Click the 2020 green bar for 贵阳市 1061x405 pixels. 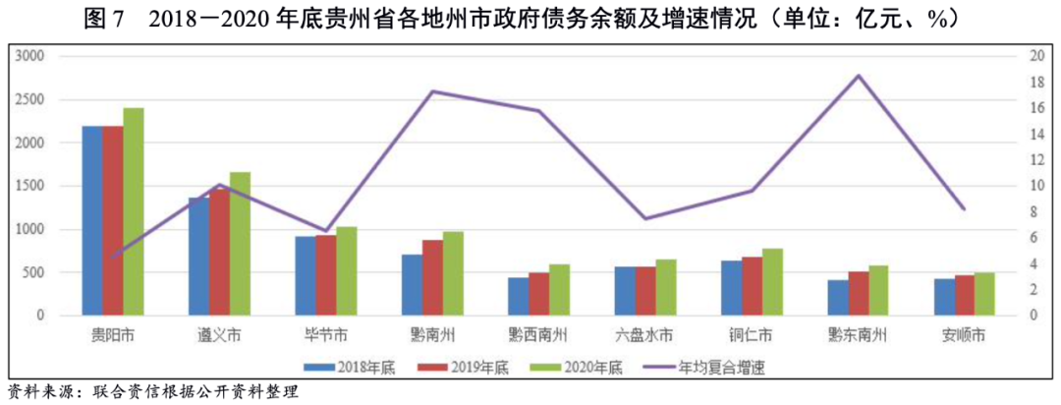(x=134, y=211)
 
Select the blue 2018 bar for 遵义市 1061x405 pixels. (x=198, y=257)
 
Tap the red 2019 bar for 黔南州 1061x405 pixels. (x=432, y=277)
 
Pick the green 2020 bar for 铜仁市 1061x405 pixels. (x=772, y=282)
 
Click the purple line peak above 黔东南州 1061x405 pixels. (x=858, y=76)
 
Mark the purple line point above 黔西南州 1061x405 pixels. (x=538, y=110)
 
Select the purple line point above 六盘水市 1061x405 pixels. (x=644, y=218)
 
